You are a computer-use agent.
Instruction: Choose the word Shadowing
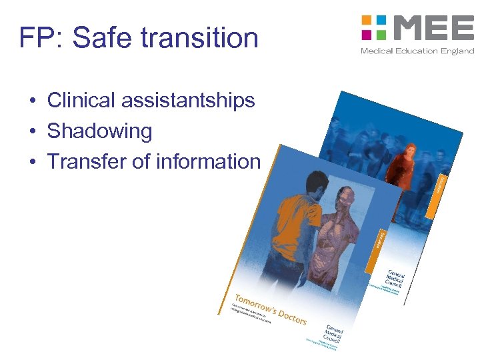tap(99, 131)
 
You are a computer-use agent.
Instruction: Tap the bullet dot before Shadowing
tap(32, 131)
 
